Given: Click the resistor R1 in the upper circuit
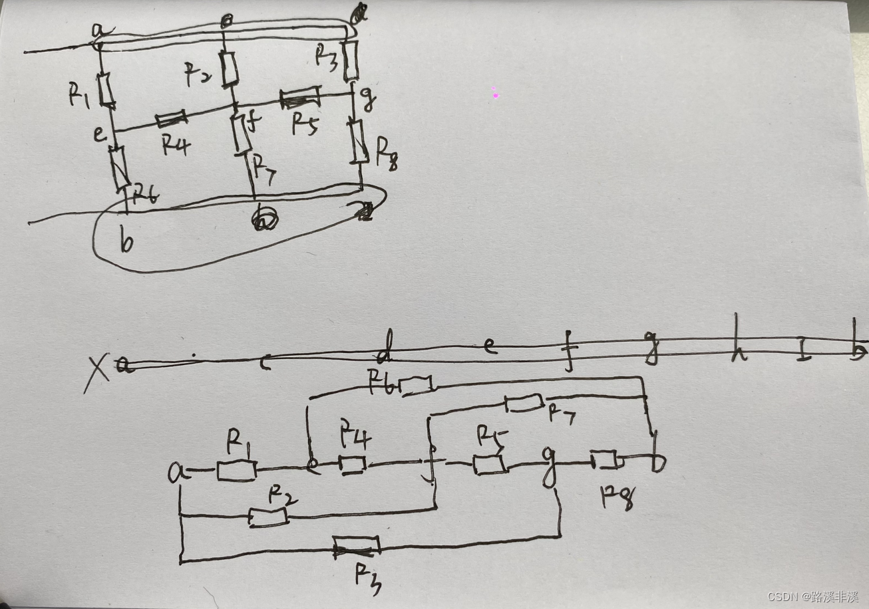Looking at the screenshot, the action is click(x=106, y=90).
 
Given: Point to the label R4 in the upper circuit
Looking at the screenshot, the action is click(x=176, y=145).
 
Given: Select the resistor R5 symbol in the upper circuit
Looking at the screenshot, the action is click(x=300, y=99).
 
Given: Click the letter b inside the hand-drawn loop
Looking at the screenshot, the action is click(x=126, y=242).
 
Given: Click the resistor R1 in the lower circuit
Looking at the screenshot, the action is click(x=236, y=470).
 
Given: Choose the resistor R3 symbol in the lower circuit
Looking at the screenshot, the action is click(x=357, y=547).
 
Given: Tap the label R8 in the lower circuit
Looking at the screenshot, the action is click(x=617, y=496).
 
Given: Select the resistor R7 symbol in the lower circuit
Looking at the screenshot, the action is click(x=525, y=403).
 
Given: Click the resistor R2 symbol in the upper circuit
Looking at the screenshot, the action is click(x=230, y=68).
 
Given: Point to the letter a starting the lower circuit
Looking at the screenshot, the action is click(x=176, y=473).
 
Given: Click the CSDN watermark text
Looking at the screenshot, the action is click(x=812, y=596).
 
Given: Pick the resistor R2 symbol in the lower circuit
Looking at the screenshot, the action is click(x=268, y=516).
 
